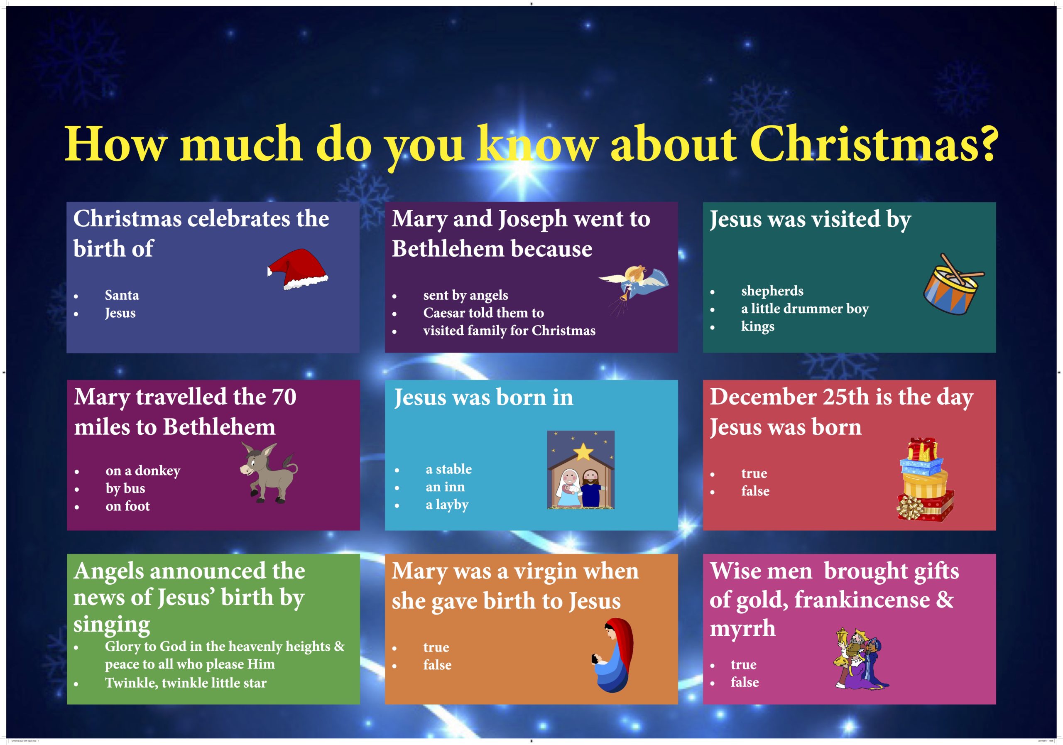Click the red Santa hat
[x=297, y=270]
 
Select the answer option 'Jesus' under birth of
[x=120, y=314]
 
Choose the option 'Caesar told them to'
[x=483, y=313]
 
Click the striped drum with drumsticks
[x=953, y=285]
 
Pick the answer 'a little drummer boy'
[x=805, y=309]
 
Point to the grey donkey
[x=269, y=473]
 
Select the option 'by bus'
[x=125, y=489]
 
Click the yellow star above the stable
[x=583, y=452]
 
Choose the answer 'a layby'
[x=447, y=505]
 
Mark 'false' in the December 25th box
[x=755, y=491]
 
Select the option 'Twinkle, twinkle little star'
[x=186, y=683]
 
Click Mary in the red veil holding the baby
[x=613, y=655]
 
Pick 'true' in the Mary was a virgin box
[x=436, y=648]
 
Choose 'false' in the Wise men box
[x=745, y=682]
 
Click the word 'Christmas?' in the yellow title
[x=874, y=144]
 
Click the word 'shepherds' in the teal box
[x=772, y=291]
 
